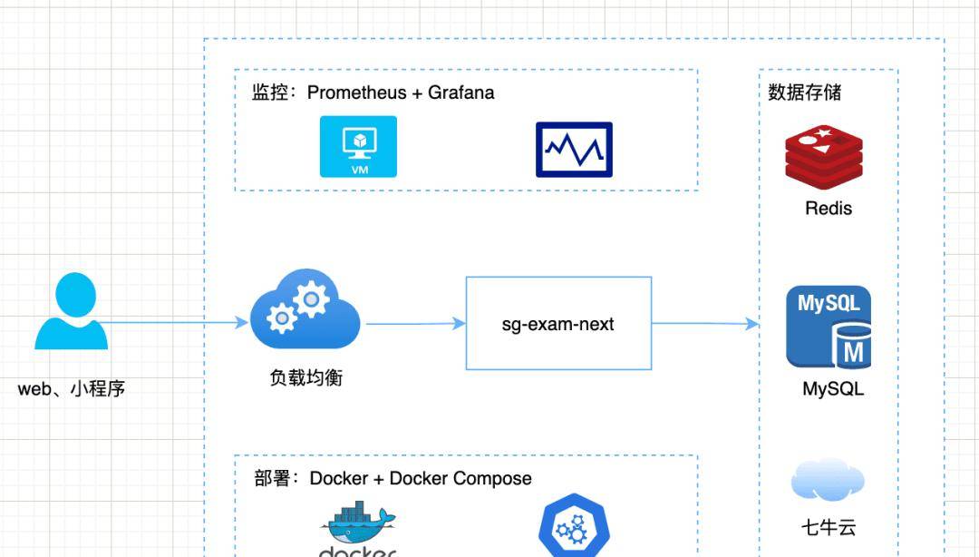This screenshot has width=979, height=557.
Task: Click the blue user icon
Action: [x=72, y=312]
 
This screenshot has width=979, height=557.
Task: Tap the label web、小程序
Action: [x=72, y=389]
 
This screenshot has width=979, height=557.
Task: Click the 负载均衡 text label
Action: [x=306, y=377]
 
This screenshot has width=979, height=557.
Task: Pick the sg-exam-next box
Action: [x=558, y=324]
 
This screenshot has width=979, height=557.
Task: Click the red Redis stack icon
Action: [x=823, y=156]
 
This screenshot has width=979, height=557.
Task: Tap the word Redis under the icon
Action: [x=829, y=209]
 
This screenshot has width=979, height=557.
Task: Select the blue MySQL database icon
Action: [x=829, y=327]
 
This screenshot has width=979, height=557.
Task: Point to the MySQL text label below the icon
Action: [x=833, y=389]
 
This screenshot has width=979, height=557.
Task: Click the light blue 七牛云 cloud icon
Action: [x=827, y=481]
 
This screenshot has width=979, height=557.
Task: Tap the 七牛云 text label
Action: [x=829, y=528]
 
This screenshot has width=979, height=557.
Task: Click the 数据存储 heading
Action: [x=804, y=93]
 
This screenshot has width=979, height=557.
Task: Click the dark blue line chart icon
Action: [x=574, y=150]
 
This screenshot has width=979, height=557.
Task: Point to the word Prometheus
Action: [x=358, y=93]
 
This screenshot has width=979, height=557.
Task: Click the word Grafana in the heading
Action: [x=461, y=93]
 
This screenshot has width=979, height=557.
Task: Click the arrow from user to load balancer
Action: [x=172, y=322]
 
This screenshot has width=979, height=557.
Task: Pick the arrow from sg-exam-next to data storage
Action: [x=705, y=323]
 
